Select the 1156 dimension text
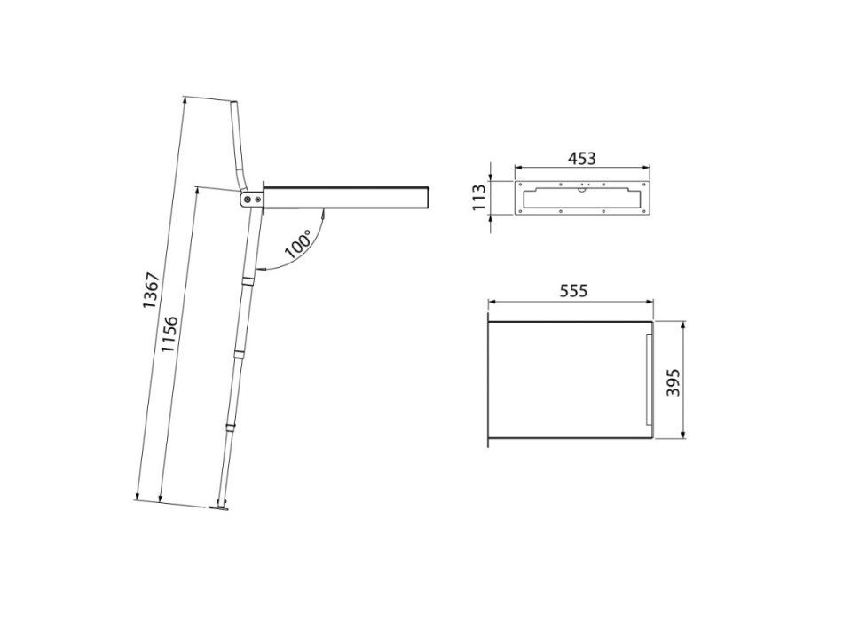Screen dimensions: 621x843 (x=169, y=334)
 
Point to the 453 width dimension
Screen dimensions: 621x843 (x=581, y=158)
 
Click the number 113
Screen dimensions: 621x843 (x=480, y=196)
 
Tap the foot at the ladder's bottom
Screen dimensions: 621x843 (x=217, y=507)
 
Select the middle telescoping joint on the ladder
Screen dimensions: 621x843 (x=238, y=354)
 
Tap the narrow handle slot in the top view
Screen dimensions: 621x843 (x=648, y=381)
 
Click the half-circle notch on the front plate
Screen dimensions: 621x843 (x=581, y=187)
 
